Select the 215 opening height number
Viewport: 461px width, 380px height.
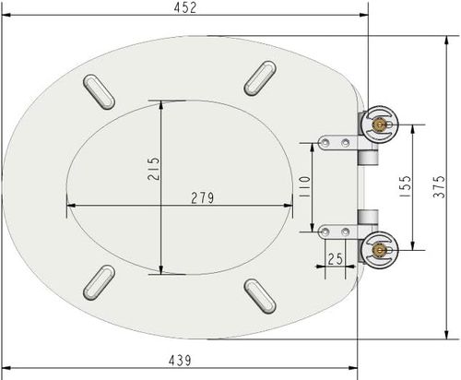pyautogui.click(x=153, y=170)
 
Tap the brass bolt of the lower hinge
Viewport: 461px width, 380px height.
pyautogui.click(x=376, y=246)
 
